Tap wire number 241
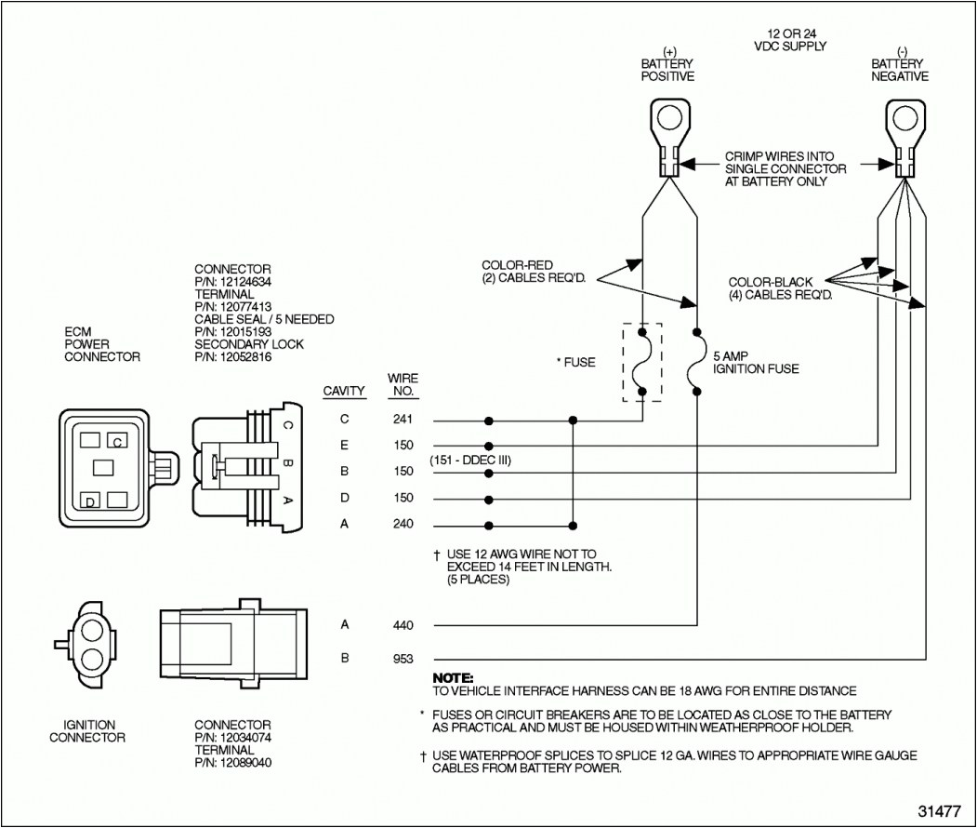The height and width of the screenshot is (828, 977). tap(403, 420)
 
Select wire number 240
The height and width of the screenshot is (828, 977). tap(403, 524)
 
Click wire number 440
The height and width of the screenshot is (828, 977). tap(403, 625)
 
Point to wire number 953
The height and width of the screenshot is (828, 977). tap(403, 659)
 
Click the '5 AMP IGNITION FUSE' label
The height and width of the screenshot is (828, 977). tap(756, 363)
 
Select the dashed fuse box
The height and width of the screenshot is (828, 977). tap(641, 363)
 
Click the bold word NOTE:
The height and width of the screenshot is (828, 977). tap(454, 677)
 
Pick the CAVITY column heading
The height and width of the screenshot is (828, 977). tap(344, 392)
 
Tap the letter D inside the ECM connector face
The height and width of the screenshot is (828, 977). tap(90, 502)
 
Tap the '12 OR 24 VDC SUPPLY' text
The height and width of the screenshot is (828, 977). tap(791, 39)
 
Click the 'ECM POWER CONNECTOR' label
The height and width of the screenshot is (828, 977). tap(102, 343)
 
